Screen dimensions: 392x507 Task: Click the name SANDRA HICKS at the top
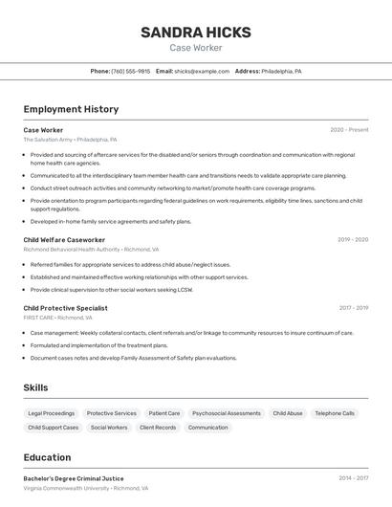(x=196, y=32)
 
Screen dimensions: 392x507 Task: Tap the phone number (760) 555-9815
(x=131, y=71)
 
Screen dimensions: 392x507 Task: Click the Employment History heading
(x=71, y=109)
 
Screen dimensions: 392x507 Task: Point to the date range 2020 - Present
(x=349, y=130)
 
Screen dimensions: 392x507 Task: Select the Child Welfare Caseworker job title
(x=64, y=240)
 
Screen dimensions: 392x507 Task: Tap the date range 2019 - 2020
(x=353, y=240)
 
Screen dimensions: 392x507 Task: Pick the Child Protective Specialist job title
(x=66, y=308)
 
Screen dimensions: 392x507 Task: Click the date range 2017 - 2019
(x=353, y=308)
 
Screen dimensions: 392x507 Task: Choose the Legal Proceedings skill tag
(x=52, y=413)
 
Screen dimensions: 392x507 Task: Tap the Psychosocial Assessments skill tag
(x=227, y=413)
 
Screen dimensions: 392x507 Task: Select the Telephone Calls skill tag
(x=335, y=413)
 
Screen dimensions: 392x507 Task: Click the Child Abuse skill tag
(x=288, y=413)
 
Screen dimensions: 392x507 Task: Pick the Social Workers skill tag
(x=109, y=428)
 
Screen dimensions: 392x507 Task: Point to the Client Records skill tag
(x=158, y=428)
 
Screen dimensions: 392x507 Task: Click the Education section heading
(x=47, y=457)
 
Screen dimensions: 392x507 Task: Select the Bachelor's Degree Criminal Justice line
(x=74, y=478)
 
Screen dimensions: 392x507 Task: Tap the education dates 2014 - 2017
(x=353, y=478)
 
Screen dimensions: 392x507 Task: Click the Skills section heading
(x=36, y=387)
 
